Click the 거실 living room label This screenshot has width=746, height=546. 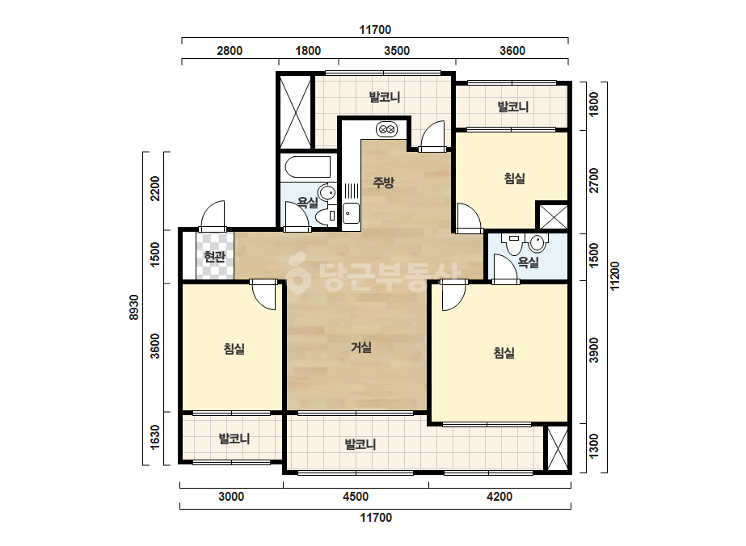point(361,347)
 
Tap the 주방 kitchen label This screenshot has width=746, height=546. point(383,182)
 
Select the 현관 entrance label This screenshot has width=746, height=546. point(214,257)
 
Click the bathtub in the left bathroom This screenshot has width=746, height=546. point(308,167)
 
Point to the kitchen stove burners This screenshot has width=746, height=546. point(386,129)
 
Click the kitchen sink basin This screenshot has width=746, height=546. point(351,212)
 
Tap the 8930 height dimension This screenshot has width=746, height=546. point(134,307)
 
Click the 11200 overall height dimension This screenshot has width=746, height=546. point(615,276)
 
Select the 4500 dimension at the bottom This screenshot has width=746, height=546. point(356,497)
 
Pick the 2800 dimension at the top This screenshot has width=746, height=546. point(230,50)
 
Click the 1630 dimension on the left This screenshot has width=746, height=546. point(155,438)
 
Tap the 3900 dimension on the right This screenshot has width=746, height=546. point(594,351)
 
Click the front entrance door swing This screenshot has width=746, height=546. point(213,216)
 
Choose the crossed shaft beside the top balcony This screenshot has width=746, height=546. point(295,112)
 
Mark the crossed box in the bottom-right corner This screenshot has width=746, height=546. point(557,448)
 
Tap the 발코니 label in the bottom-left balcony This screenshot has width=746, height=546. point(234,438)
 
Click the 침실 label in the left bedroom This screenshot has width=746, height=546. point(234,349)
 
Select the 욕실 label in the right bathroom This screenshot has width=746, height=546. point(528,262)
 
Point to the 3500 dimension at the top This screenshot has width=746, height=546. point(397,50)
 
